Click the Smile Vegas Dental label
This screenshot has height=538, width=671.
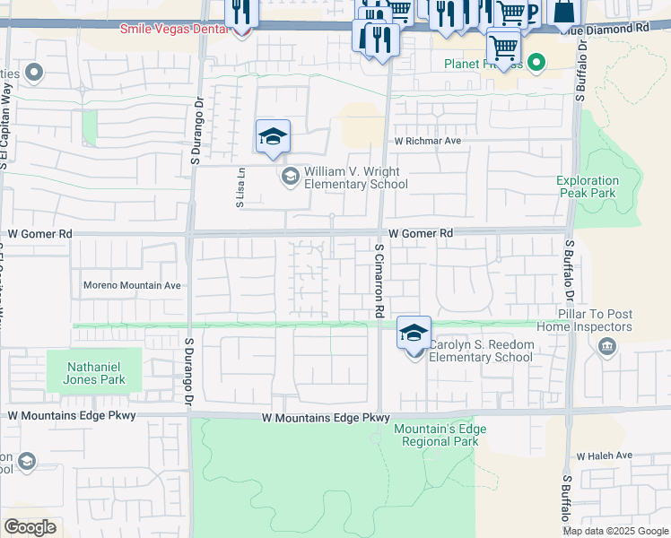tap(176, 29)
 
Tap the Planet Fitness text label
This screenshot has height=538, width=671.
tap(482, 64)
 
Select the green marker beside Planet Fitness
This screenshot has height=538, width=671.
tap(536, 63)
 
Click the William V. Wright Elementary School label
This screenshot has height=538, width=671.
tap(355, 178)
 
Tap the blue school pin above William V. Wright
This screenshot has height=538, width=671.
tap(273, 138)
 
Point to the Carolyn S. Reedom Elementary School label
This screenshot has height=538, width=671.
tap(481, 351)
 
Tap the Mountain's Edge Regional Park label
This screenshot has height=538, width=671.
tap(440, 436)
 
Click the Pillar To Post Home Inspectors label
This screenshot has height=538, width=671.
tap(597, 320)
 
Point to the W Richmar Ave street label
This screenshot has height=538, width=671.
tap(427, 142)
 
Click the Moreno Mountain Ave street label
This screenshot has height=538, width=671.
tap(132, 286)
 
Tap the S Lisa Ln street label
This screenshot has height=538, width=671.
tap(240, 191)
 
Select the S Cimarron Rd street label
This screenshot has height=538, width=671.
tap(380, 281)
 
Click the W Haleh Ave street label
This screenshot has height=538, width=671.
tap(607, 456)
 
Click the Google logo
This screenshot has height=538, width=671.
tap(30, 526)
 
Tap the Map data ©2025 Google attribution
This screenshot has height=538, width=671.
tap(614, 531)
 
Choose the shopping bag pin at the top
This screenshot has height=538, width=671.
tap(565, 13)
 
